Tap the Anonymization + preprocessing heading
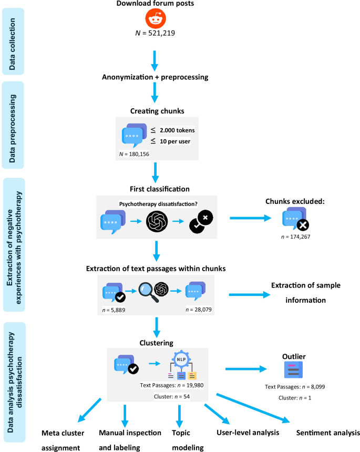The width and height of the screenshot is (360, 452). coord(155,77)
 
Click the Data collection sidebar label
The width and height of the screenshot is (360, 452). coord(13,40)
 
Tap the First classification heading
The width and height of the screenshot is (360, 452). coord(156,188)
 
